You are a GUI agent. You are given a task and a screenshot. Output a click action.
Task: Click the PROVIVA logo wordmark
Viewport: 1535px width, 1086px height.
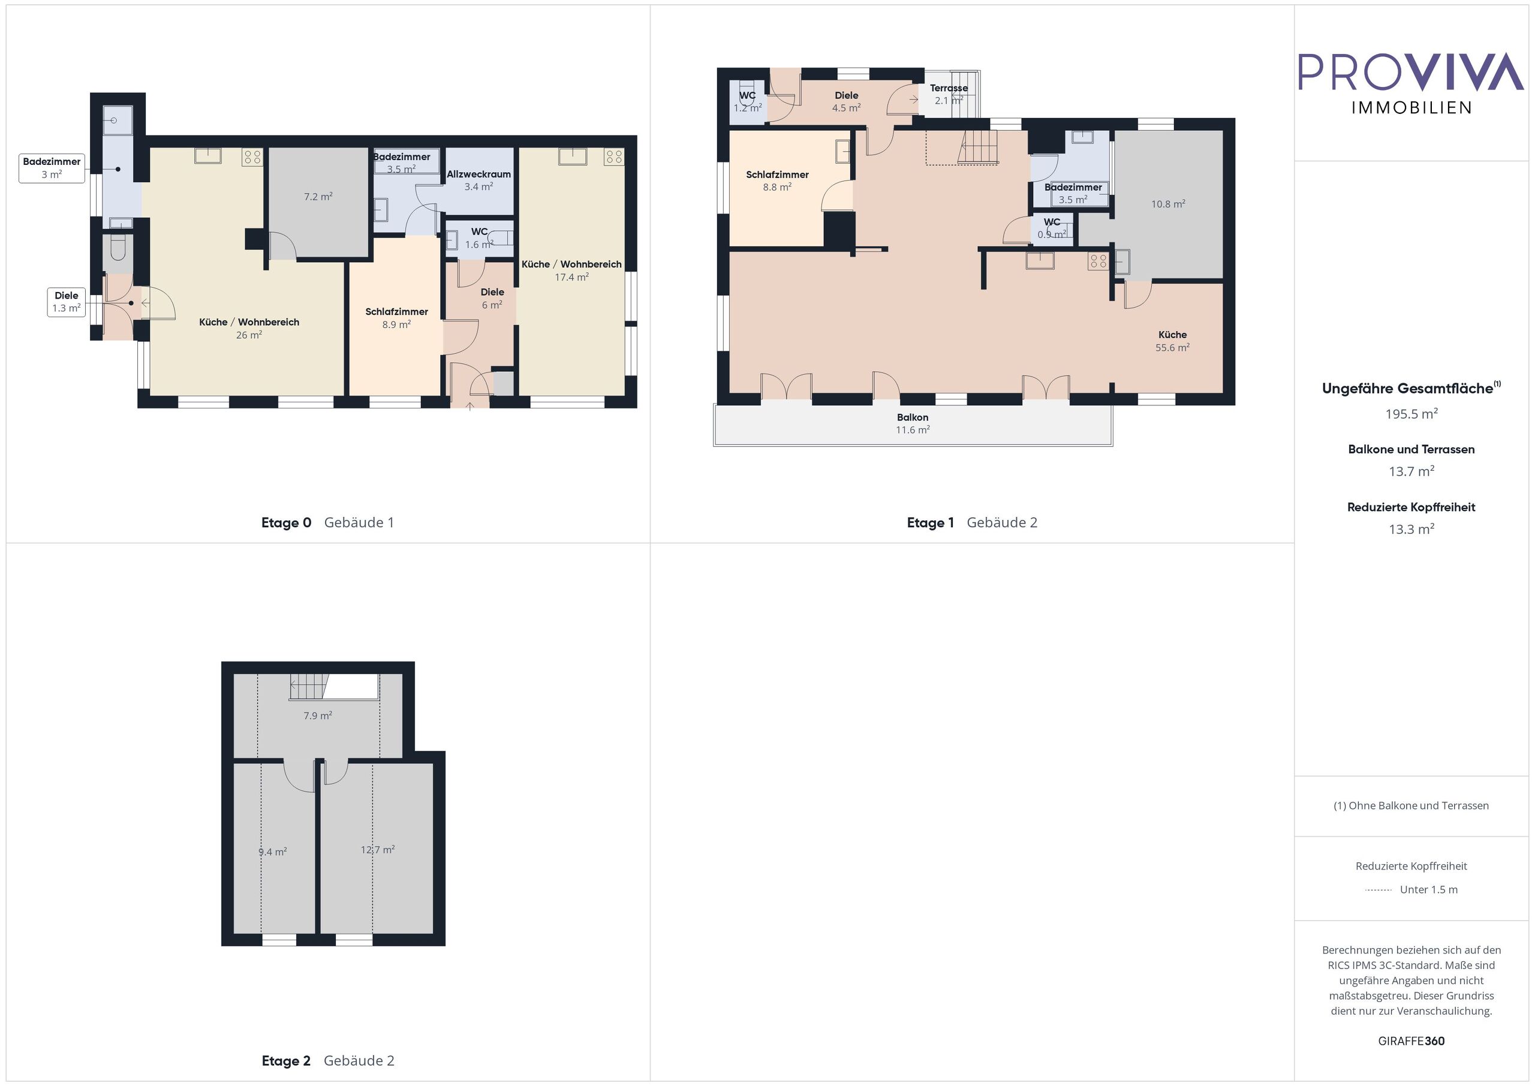(x=1411, y=71)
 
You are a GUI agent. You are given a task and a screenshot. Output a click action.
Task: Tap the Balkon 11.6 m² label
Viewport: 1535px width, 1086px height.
(x=913, y=423)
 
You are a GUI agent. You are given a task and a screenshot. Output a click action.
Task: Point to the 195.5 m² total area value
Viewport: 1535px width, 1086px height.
(x=1411, y=414)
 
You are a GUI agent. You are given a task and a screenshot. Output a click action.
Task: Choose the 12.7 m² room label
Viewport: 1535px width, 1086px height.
(x=378, y=849)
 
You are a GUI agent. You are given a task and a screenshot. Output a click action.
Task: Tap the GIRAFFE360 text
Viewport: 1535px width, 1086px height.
(x=1411, y=1041)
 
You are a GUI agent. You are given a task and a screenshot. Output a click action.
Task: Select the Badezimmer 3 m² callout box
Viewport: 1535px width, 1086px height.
(x=52, y=168)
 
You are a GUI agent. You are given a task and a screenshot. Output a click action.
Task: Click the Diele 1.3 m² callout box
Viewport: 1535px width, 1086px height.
(x=66, y=302)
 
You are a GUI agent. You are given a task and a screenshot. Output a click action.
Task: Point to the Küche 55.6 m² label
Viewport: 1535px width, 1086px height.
(x=1173, y=341)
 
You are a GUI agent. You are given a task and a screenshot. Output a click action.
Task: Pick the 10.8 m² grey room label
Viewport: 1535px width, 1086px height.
(x=1168, y=204)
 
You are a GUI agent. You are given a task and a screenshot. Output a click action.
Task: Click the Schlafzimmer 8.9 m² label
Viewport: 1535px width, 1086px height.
(x=396, y=318)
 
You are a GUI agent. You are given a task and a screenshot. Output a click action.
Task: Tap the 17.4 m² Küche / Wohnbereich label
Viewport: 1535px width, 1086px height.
(x=571, y=270)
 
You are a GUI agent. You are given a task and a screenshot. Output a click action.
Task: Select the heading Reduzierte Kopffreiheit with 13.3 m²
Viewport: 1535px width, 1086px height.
(x=1411, y=507)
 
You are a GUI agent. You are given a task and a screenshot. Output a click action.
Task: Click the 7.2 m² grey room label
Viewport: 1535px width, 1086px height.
(x=318, y=197)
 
